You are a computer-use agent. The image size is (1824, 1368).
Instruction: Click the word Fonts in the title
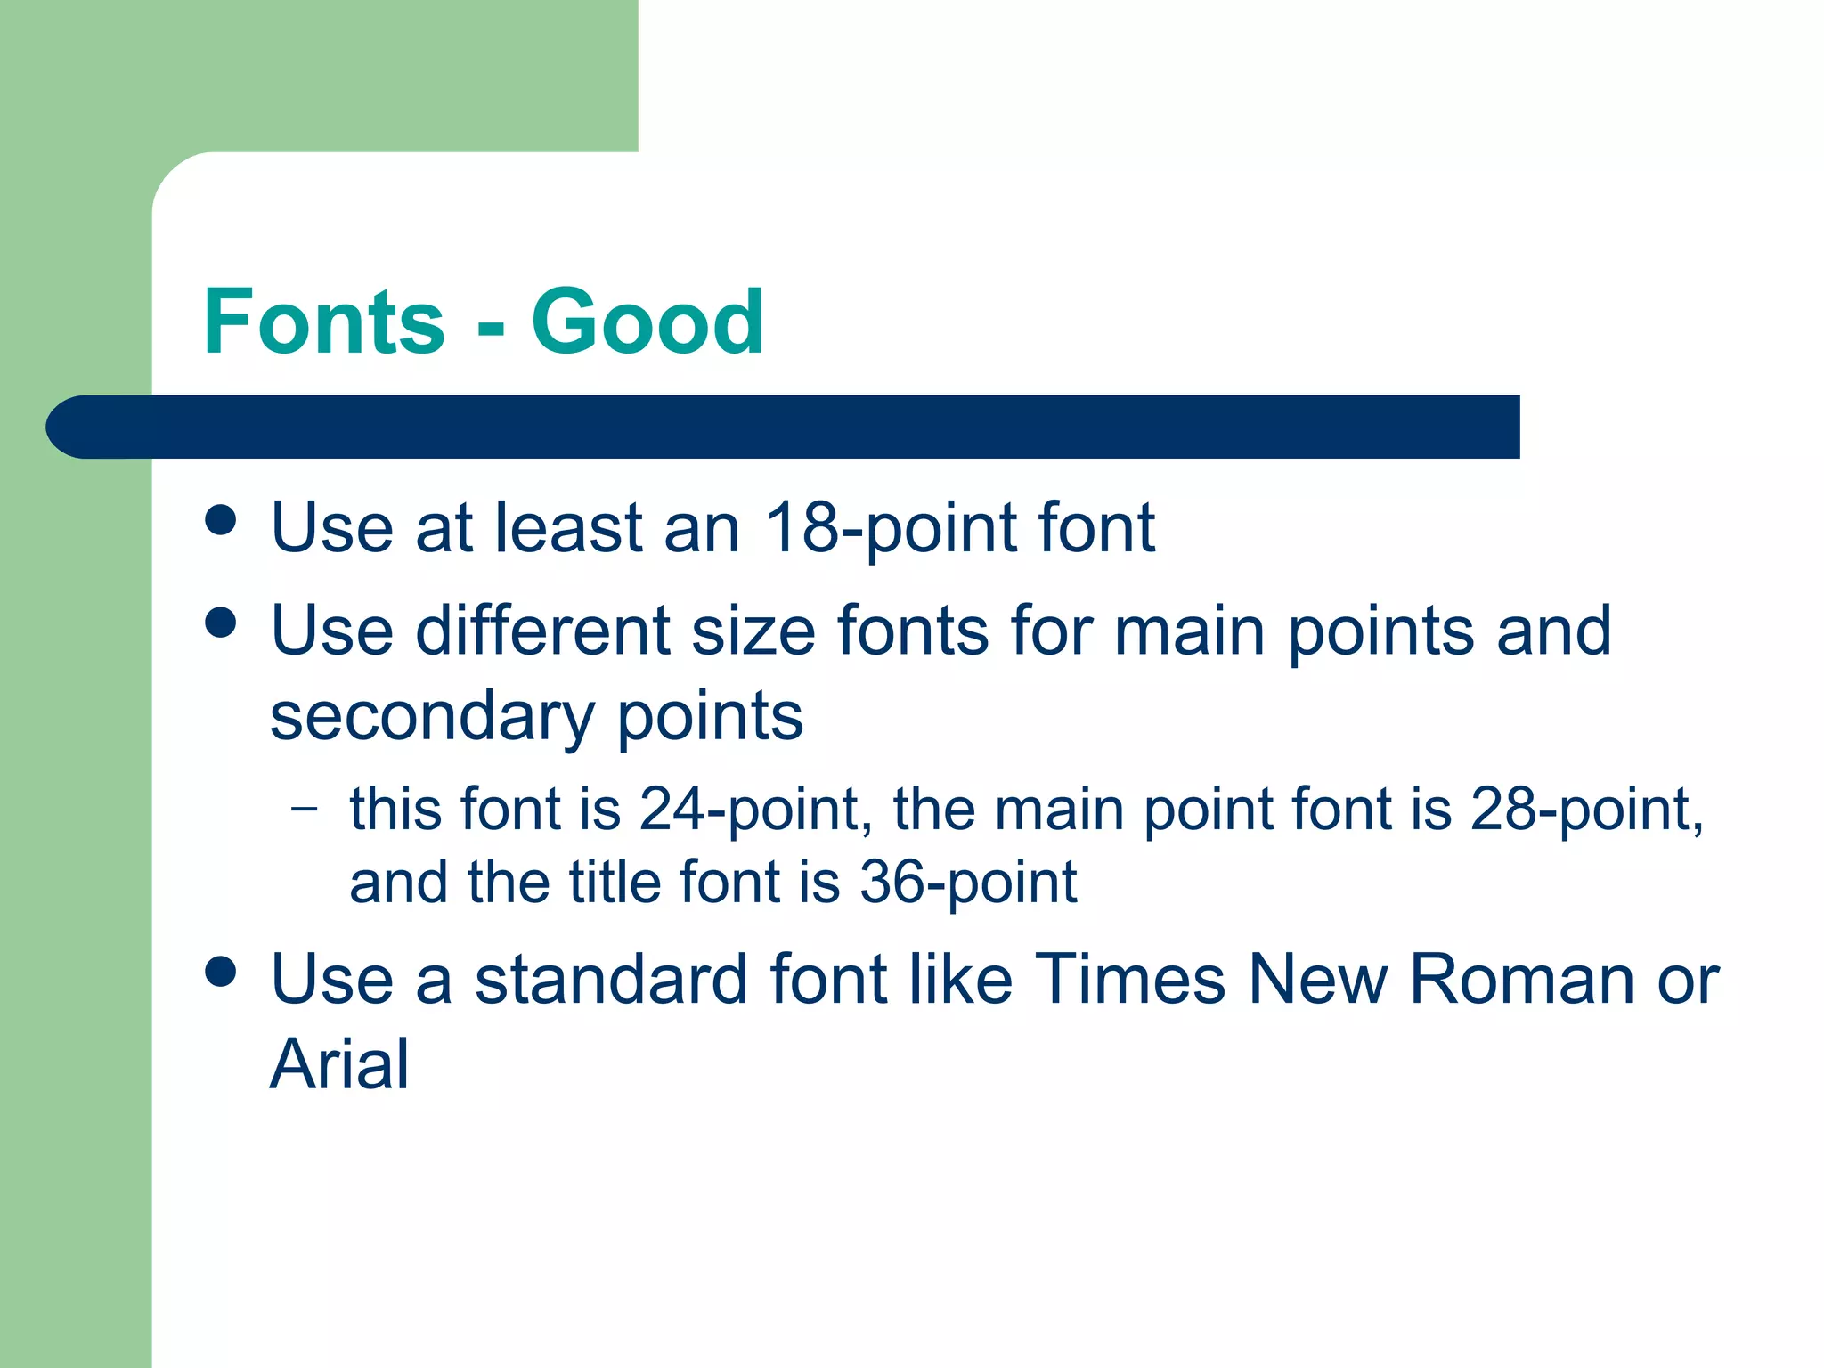click(323, 322)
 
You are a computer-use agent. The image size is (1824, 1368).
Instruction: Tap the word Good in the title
click(647, 322)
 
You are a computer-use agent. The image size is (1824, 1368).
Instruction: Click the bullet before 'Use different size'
click(220, 623)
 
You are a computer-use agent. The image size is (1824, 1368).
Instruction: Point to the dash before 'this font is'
click(304, 809)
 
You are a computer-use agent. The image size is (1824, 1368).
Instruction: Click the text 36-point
click(968, 883)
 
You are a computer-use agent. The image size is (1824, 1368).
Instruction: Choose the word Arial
click(339, 1064)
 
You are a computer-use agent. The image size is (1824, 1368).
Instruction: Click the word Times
click(1130, 979)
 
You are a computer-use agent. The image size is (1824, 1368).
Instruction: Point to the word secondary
click(431, 718)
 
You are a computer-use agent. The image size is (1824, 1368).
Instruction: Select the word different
click(543, 631)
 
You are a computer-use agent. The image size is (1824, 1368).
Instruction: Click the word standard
click(610, 979)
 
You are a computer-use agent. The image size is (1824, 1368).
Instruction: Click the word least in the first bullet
click(569, 528)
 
